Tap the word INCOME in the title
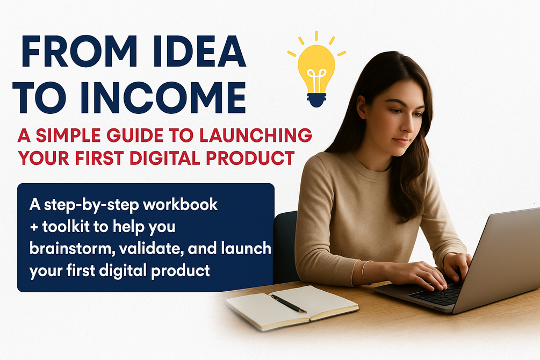coord(161,97)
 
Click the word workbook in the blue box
coord(180,205)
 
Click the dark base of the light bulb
coord(316,99)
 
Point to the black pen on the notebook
coord(288,304)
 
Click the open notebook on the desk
coord(292,307)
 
